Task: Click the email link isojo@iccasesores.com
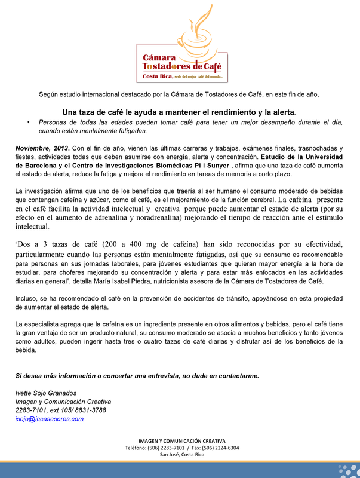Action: click(x=49, y=419)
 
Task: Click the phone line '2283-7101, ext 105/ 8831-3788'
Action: click(x=61, y=410)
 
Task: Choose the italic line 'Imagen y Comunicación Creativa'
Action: click(x=63, y=401)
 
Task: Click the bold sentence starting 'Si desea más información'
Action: click(x=137, y=376)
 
